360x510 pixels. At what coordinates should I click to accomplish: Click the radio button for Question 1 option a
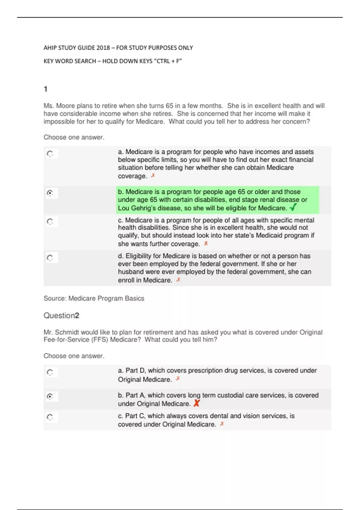50,154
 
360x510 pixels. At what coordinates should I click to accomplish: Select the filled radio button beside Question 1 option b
50,193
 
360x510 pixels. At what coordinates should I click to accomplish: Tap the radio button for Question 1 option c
50,222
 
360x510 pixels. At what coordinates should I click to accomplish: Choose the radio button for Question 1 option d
50,258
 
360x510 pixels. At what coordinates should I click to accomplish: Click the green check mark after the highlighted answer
293,207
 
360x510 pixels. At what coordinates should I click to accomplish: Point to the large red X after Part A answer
196,403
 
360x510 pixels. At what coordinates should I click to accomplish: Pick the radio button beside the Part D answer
50,373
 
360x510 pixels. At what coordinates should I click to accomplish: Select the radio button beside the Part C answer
50,417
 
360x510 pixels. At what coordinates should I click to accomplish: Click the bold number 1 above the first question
46,89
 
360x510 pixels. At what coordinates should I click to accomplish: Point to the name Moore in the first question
65,106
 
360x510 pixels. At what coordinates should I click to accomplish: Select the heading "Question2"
61,316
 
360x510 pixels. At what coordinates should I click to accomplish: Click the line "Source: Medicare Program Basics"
94,298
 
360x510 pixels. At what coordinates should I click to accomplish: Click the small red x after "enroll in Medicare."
178,280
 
